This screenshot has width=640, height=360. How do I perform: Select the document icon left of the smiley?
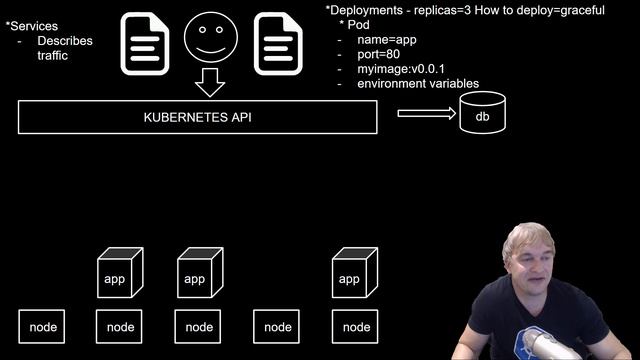click(146, 45)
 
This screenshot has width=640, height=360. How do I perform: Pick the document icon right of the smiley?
click(278, 45)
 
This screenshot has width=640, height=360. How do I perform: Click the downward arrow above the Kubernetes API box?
click(209, 82)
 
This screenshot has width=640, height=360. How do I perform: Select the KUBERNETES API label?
click(198, 117)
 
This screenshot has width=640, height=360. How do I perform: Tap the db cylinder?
click(482, 114)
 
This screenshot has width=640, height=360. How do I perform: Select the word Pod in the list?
click(359, 24)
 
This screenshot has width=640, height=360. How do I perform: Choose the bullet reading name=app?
click(384, 39)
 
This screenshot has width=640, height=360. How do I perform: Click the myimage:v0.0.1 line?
click(401, 69)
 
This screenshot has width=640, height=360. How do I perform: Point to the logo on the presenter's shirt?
click(530, 346)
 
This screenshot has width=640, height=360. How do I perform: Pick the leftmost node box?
click(43, 326)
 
